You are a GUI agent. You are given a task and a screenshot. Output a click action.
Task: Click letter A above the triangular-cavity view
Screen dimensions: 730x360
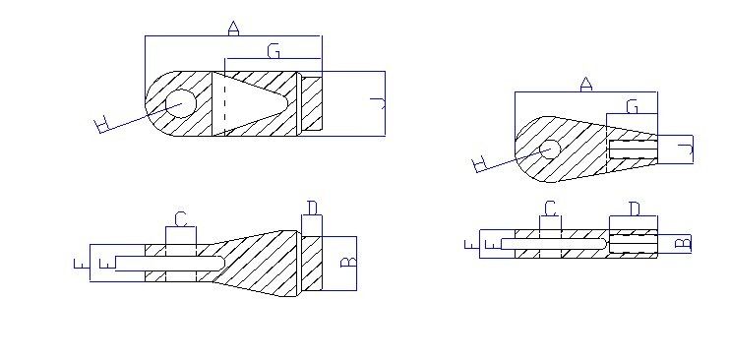click(233, 29)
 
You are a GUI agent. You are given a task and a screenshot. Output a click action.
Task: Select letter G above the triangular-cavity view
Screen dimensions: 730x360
click(274, 51)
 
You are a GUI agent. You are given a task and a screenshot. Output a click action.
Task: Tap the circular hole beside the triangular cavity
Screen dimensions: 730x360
click(181, 103)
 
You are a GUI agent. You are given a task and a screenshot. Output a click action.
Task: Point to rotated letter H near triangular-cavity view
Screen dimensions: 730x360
click(101, 126)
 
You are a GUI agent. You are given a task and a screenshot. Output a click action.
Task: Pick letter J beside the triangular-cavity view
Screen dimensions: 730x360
click(378, 103)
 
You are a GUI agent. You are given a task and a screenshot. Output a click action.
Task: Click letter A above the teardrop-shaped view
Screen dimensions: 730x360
click(586, 85)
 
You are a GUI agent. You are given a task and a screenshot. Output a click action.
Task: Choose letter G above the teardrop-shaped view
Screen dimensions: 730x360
click(632, 106)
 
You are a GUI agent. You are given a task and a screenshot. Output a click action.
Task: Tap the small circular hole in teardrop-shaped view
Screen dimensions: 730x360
click(550, 150)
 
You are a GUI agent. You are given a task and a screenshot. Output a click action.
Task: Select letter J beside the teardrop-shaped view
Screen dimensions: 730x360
click(686, 150)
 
